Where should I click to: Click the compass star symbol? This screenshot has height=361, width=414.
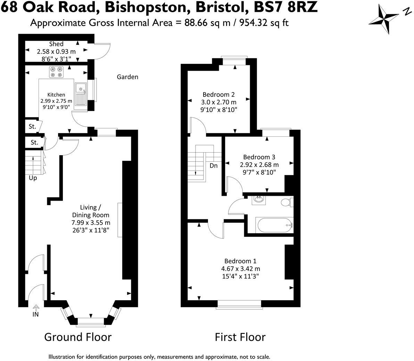[383, 20]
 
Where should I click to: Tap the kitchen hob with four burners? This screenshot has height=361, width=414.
[56, 72]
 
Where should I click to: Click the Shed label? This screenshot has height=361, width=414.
[56, 44]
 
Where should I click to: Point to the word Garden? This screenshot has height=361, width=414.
[127, 77]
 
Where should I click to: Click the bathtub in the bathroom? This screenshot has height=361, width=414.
[274, 225]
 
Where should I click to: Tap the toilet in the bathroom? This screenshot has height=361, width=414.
[286, 202]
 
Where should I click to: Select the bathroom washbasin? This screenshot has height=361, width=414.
[258, 200]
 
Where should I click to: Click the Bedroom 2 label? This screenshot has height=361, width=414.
[218, 94]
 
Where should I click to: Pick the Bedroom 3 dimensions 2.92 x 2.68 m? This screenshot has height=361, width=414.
[259, 165]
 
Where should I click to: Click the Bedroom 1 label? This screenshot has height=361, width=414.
[240, 261]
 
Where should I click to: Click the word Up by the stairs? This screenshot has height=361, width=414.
[33, 178]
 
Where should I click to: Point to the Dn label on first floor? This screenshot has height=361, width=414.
[214, 166]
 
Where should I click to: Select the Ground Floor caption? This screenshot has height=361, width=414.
[78, 337]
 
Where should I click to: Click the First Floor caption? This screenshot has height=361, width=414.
[240, 337]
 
